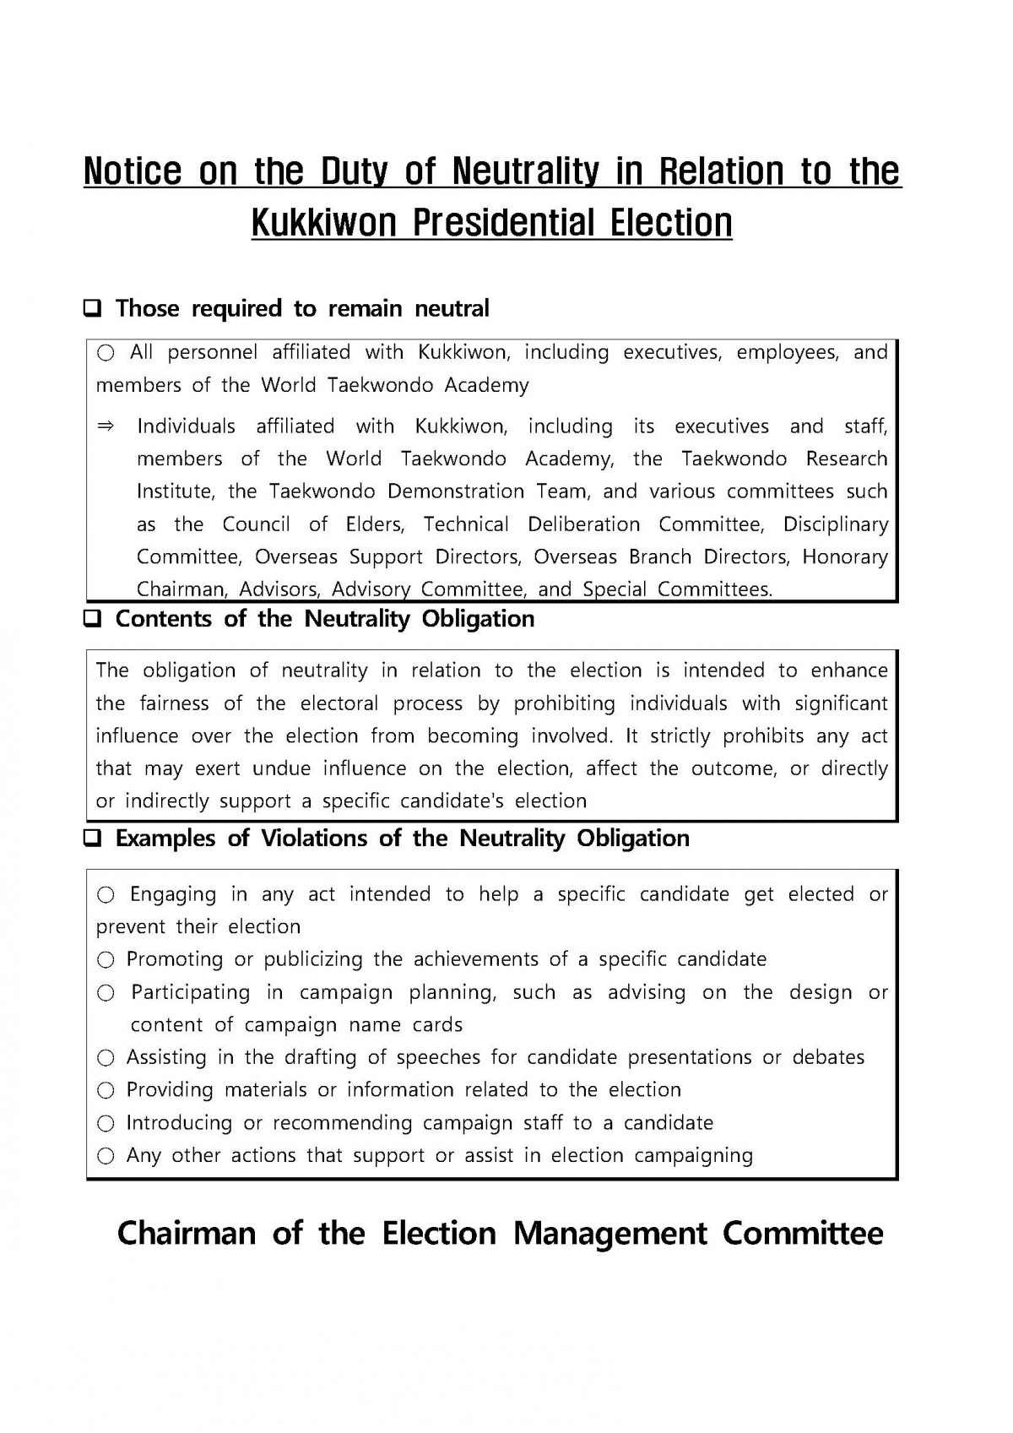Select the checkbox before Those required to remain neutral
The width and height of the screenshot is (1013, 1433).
pos(92,309)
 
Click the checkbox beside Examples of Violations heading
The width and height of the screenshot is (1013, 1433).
pos(92,839)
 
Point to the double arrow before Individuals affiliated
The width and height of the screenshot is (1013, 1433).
pos(106,426)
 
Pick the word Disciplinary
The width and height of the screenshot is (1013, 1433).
pos(835,524)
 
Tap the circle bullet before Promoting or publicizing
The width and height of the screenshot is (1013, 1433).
pos(106,960)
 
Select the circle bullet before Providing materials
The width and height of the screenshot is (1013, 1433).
pos(106,1091)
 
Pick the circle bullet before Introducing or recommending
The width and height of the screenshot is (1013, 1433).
pos(106,1124)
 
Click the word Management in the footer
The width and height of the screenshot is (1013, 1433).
pos(609,1234)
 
